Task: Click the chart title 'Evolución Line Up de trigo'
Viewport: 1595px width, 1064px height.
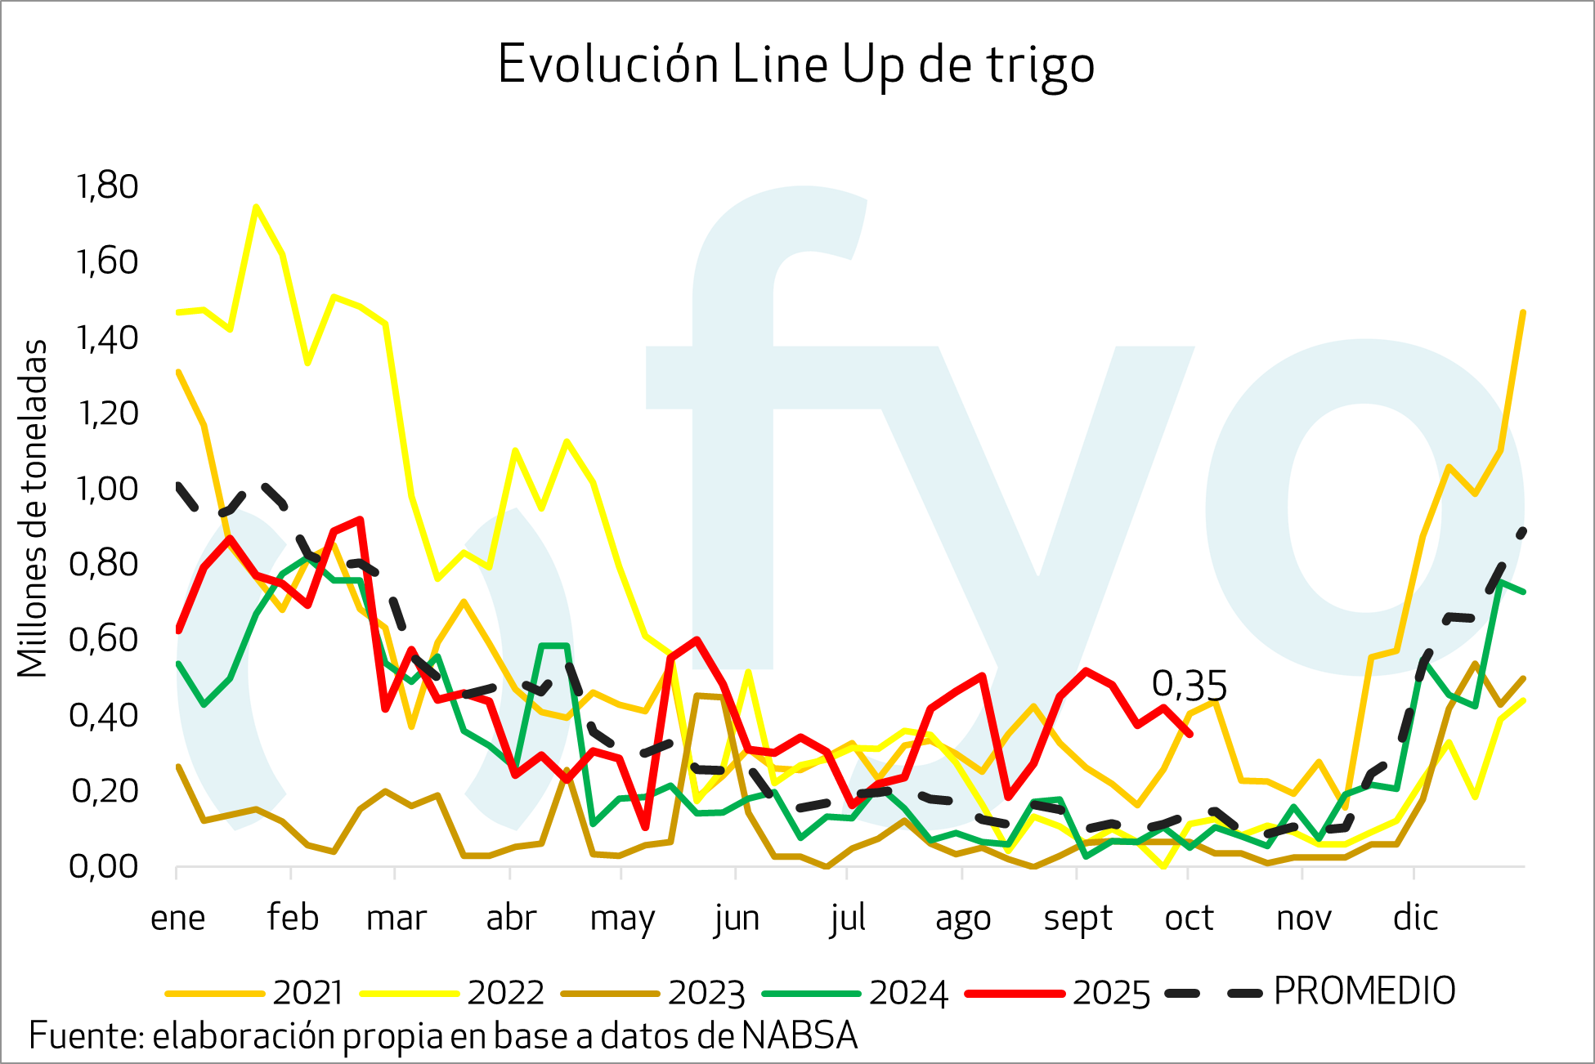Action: [795, 65]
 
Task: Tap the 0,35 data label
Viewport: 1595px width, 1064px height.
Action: [1189, 686]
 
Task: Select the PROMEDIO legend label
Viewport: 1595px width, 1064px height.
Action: [1364, 991]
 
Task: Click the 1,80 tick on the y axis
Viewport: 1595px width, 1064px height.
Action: [106, 186]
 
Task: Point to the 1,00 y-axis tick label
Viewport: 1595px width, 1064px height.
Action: [106, 489]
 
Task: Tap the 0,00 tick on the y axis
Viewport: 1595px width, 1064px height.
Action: [104, 866]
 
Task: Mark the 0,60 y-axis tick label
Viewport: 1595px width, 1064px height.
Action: [104, 640]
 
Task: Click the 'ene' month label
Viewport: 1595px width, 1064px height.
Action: [177, 918]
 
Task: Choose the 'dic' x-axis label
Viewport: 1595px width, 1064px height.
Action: [1415, 918]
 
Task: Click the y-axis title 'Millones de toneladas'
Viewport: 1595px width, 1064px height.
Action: [33, 508]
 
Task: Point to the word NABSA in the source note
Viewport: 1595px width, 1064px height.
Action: [800, 1035]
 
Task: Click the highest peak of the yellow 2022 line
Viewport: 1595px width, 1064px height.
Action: [256, 207]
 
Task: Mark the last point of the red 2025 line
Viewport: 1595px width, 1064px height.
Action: [1189, 734]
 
